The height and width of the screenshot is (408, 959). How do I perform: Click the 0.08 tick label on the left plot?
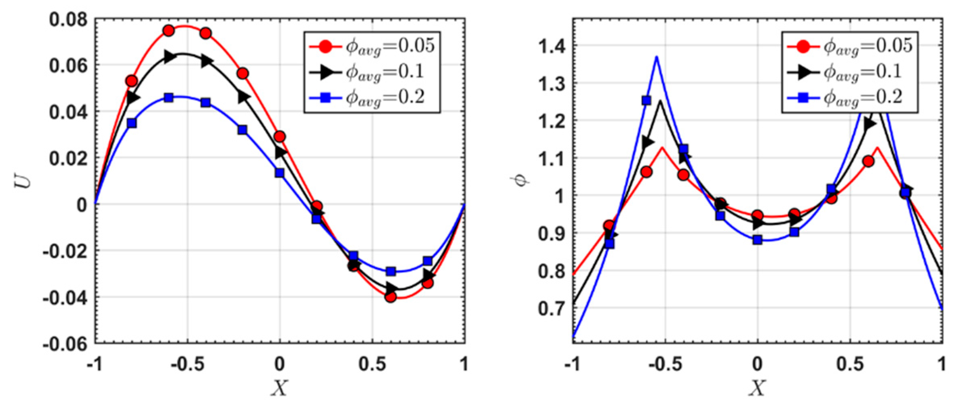tap(68, 19)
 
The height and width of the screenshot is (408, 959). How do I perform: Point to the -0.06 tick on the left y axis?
tap(65, 344)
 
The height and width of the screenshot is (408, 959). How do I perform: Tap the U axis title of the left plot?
tap(23, 181)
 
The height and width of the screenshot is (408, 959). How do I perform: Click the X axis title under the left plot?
tap(280, 389)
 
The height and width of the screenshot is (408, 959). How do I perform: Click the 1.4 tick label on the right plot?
tap(552, 47)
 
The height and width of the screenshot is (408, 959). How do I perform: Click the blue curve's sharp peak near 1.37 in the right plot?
tap(656, 57)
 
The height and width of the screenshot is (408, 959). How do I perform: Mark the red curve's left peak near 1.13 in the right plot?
tap(662, 147)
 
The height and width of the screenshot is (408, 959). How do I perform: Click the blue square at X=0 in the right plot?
tap(757, 240)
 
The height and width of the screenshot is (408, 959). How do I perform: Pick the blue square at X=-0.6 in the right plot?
tap(646, 100)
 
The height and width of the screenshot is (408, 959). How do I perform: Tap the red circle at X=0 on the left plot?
tap(279, 137)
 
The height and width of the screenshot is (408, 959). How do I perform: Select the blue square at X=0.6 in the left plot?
tap(391, 271)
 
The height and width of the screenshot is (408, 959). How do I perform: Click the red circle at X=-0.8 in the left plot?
tap(131, 81)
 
